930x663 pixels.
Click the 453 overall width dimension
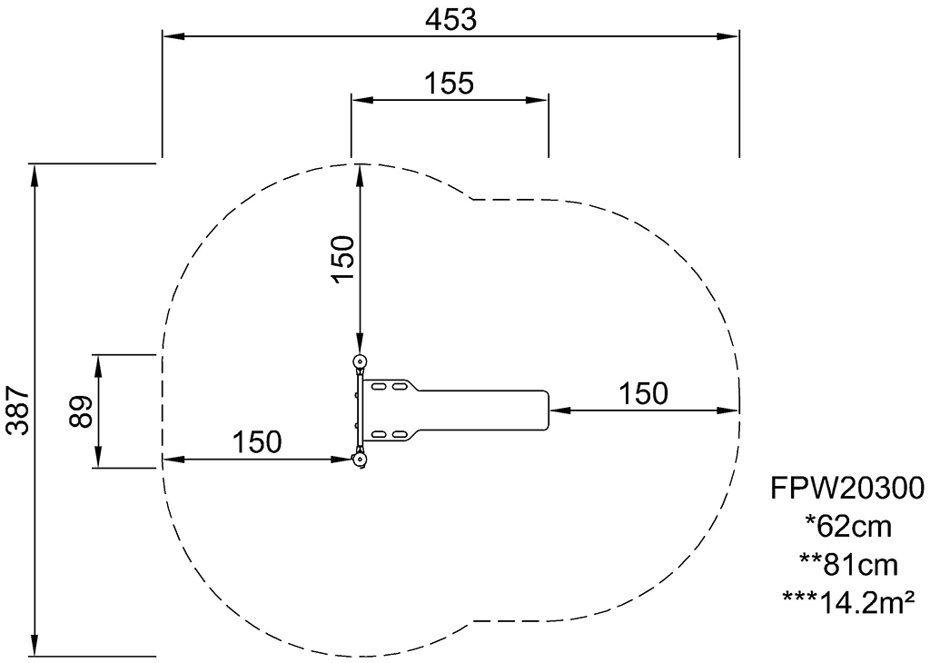pos(450,20)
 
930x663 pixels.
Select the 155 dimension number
pos(449,84)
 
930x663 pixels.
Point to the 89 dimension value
pos(81,411)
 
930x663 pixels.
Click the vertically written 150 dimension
pos(343,259)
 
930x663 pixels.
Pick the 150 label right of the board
pos(644,393)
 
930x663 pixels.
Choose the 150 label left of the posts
pos(256,441)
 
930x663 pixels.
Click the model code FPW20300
pos(847,489)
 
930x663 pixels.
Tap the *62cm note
pos(848,527)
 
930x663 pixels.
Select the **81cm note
pos(847,565)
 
